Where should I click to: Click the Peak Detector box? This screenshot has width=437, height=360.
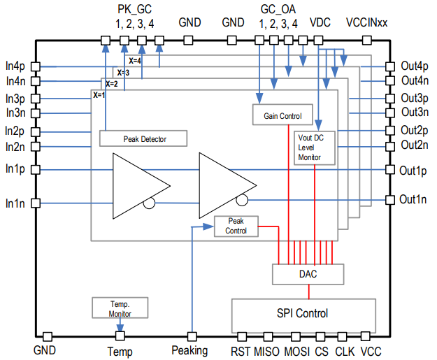144,138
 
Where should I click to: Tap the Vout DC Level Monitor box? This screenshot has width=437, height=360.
309,147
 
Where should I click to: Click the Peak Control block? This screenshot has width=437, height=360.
236,226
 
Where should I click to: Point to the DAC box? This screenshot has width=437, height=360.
307,274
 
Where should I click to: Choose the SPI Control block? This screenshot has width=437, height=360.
303,313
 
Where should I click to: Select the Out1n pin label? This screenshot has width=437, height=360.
413,200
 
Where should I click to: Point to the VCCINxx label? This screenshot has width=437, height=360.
366,22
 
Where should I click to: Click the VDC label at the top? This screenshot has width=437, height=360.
320,22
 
